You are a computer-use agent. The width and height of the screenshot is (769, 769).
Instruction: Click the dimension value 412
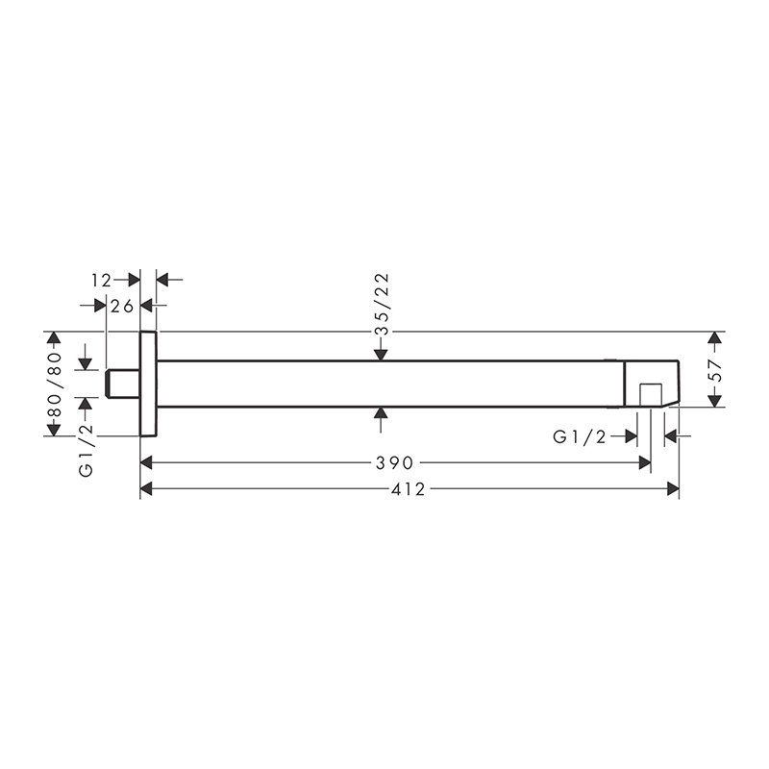pos(409,489)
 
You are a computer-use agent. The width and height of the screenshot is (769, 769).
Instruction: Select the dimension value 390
pos(395,462)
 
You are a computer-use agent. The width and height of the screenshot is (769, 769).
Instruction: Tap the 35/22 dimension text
pos(382,304)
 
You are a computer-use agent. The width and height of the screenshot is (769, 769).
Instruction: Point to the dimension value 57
pos(716,371)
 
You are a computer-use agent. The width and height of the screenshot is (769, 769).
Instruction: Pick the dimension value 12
pos(102,280)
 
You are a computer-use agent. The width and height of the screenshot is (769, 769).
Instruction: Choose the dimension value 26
pos(122,306)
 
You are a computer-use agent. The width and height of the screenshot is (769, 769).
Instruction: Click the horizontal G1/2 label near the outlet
pos(580,436)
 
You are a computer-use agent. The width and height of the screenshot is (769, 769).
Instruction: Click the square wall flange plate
pos(149,384)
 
